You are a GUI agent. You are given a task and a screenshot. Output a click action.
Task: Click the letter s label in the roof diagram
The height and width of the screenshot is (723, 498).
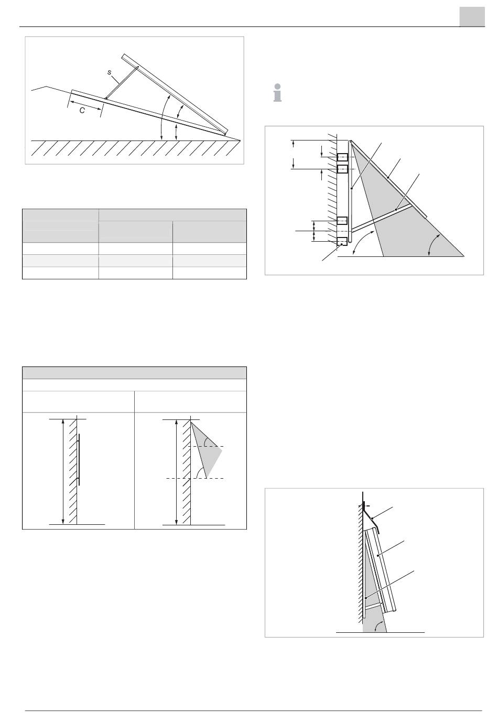click(109, 72)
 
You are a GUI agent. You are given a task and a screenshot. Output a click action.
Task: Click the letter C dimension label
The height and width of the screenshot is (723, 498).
click(82, 111)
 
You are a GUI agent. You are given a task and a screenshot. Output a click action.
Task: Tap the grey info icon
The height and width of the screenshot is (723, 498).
click(278, 94)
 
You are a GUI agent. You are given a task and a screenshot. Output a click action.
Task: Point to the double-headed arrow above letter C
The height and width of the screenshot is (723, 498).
click(85, 102)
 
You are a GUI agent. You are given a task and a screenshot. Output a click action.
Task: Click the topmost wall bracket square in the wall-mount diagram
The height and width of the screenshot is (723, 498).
click(342, 157)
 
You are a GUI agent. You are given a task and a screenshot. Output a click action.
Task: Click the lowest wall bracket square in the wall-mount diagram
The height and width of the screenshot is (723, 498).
click(342, 241)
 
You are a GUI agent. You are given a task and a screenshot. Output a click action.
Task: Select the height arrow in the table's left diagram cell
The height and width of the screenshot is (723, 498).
click(63, 471)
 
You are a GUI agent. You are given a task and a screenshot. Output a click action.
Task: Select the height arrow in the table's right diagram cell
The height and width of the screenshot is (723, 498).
click(177, 471)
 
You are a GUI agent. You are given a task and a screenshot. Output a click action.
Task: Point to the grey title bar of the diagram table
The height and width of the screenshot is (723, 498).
click(134, 373)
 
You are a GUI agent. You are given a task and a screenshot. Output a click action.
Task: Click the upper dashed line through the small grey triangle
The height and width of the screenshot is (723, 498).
click(208, 446)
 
